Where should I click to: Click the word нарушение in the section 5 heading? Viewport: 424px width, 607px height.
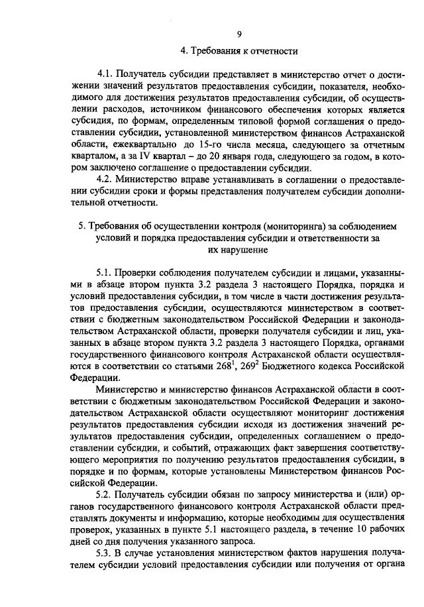click(x=246, y=250)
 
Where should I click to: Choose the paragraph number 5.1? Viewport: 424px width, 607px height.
click(x=105, y=274)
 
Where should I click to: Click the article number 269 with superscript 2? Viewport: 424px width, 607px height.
click(x=246, y=364)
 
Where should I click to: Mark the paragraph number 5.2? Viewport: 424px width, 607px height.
click(x=105, y=494)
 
